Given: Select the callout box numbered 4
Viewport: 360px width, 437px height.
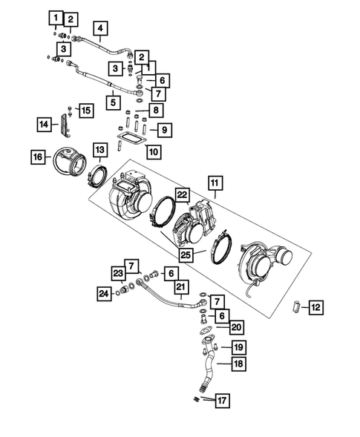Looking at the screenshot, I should coord(99,30).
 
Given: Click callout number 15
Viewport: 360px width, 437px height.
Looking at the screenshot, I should coord(86,111).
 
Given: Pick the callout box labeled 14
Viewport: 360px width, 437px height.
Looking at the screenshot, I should coord(43,125).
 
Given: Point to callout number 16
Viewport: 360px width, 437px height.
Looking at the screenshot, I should coord(37,157).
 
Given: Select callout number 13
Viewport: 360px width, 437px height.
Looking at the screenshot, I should coord(99,151).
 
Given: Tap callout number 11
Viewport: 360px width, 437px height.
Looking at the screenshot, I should coord(214,182).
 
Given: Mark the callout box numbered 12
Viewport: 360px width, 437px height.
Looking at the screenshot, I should coord(315,306).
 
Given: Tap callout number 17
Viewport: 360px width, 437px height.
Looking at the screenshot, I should coord(220,401).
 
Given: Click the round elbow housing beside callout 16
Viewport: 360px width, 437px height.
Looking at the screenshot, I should coord(69,161).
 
